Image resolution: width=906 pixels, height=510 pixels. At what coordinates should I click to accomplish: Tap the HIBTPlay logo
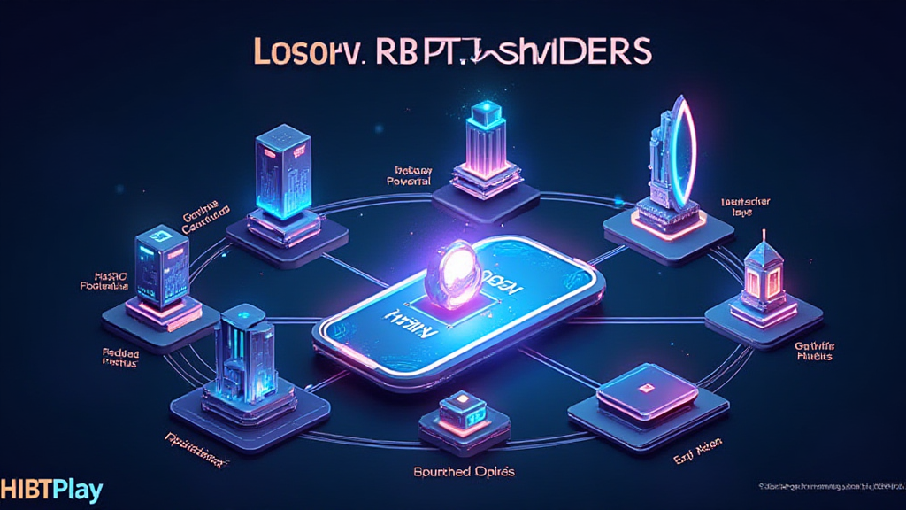(51, 490)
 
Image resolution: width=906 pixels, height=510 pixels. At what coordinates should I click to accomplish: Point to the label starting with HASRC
(104, 282)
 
